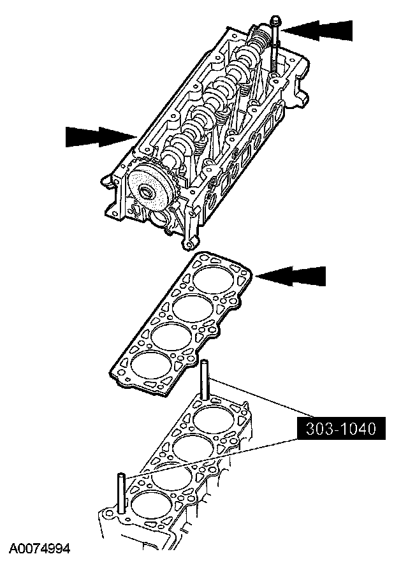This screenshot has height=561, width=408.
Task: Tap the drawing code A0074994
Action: (x=39, y=548)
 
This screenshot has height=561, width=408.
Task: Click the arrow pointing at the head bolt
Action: (x=318, y=30)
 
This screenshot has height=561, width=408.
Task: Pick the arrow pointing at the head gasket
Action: (x=294, y=276)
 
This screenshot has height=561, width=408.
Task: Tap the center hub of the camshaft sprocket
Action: (x=147, y=192)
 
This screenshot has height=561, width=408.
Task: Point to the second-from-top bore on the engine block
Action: (x=192, y=446)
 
